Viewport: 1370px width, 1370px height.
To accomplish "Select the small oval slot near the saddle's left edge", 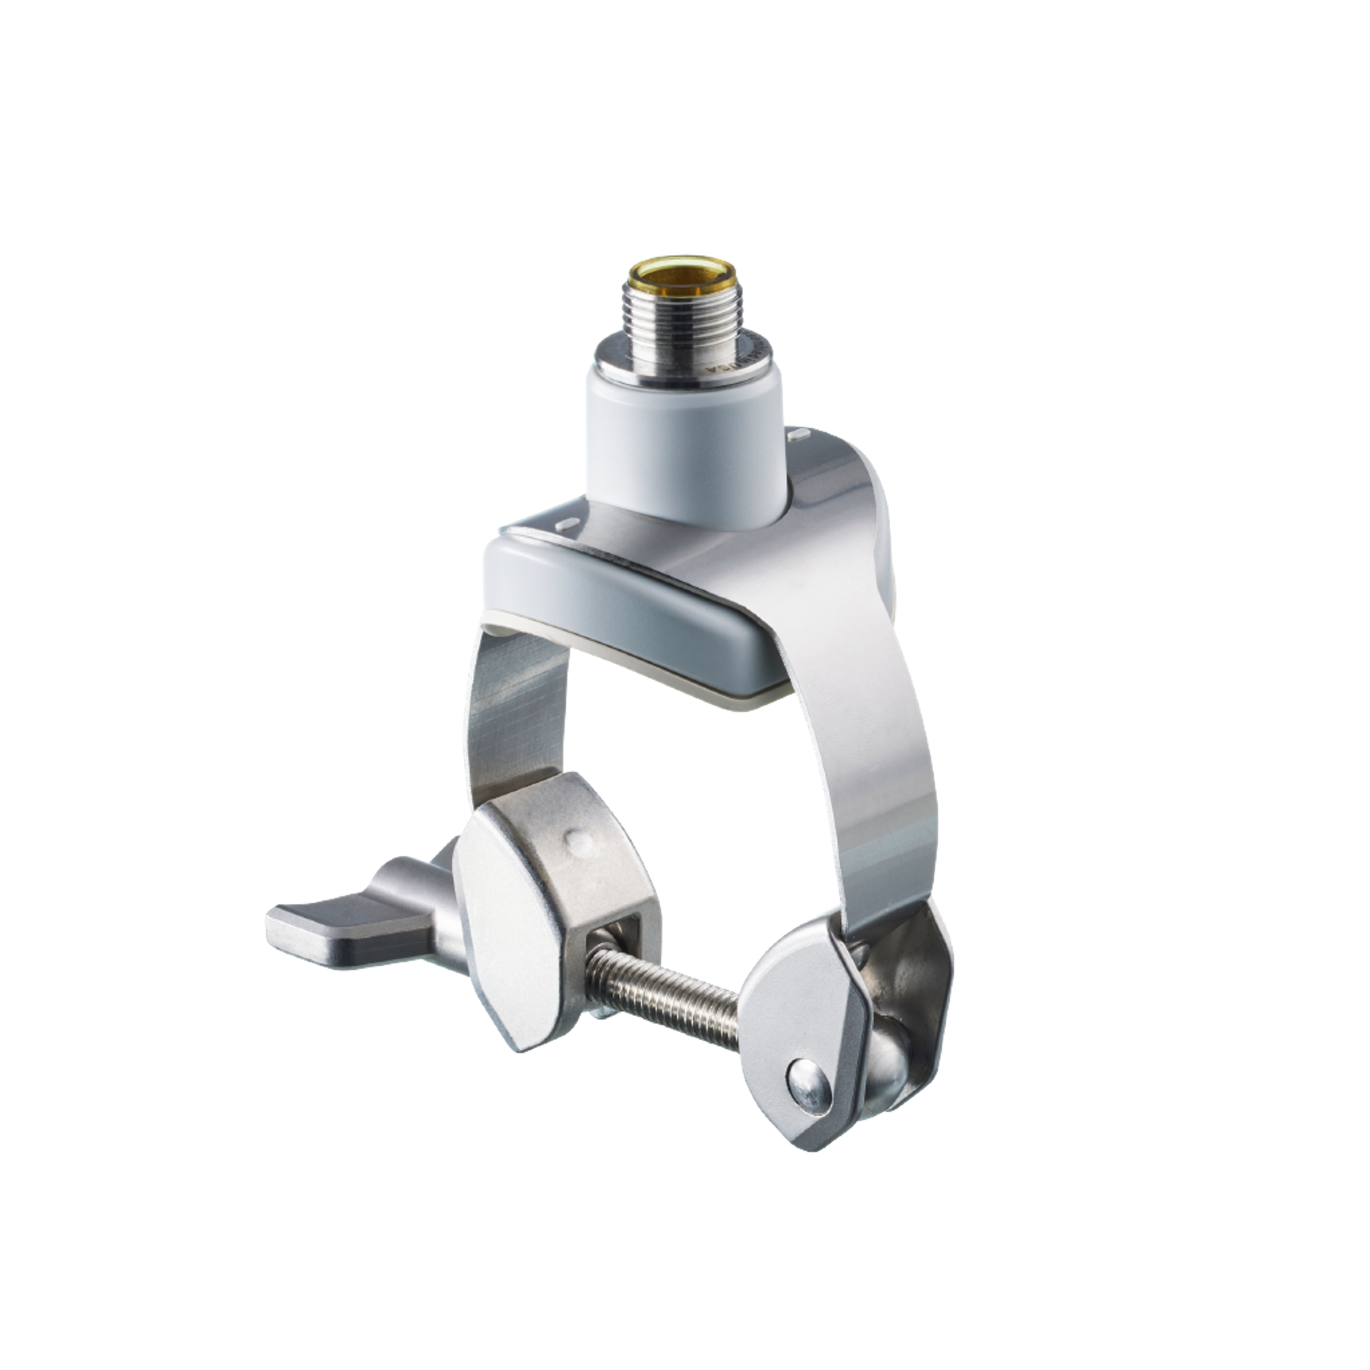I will pyautogui.click(x=568, y=525).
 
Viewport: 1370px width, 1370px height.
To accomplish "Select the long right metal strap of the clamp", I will pyautogui.click(x=879, y=745).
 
